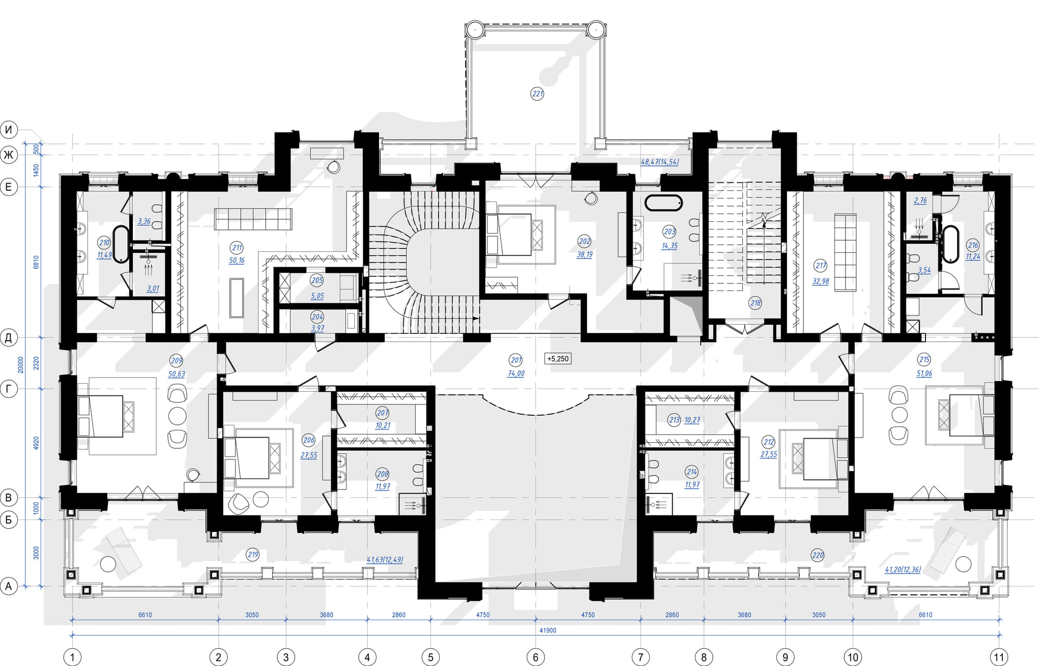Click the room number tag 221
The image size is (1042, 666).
[x=537, y=94]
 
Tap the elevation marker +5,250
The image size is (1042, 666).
[x=558, y=359]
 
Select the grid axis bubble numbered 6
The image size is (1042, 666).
[x=535, y=657]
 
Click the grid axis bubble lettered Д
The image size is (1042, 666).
[x=9, y=337]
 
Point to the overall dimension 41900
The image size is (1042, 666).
[x=547, y=630]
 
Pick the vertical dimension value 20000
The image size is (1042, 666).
[x=21, y=364]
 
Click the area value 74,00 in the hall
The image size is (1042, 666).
[x=516, y=373]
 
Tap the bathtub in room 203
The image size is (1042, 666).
[x=663, y=202]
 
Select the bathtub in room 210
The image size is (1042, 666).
[x=121, y=244]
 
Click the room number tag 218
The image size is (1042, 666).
[x=756, y=303]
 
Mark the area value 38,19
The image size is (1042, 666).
[x=585, y=254]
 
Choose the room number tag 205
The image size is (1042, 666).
[x=317, y=280]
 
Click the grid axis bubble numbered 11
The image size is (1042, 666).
[x=999, y=657]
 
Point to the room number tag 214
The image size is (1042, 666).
[x=692, y=472]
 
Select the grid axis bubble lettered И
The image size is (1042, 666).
[x=9, y=130]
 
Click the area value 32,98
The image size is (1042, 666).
[x=821, y=281]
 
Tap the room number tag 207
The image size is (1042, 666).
[x=383, y=413]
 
